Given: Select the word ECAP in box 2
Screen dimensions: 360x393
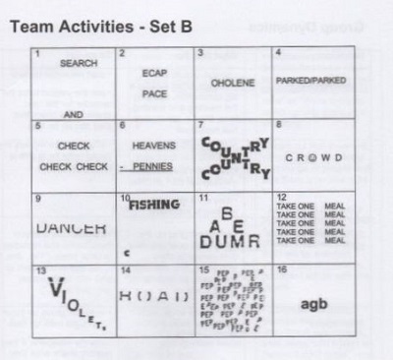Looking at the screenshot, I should pos(150,72).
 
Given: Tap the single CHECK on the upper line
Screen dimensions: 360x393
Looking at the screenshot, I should pos(74,146).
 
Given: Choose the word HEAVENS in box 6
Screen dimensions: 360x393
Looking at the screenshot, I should pos(153,145).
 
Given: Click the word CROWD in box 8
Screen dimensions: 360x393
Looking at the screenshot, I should pos(314,157).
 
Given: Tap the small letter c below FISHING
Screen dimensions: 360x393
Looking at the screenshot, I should pos(127,252).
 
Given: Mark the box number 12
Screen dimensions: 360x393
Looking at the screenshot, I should pos(281,199).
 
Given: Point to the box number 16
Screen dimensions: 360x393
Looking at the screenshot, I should pos(281,269).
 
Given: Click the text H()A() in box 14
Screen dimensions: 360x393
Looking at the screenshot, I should pos(152,295).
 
